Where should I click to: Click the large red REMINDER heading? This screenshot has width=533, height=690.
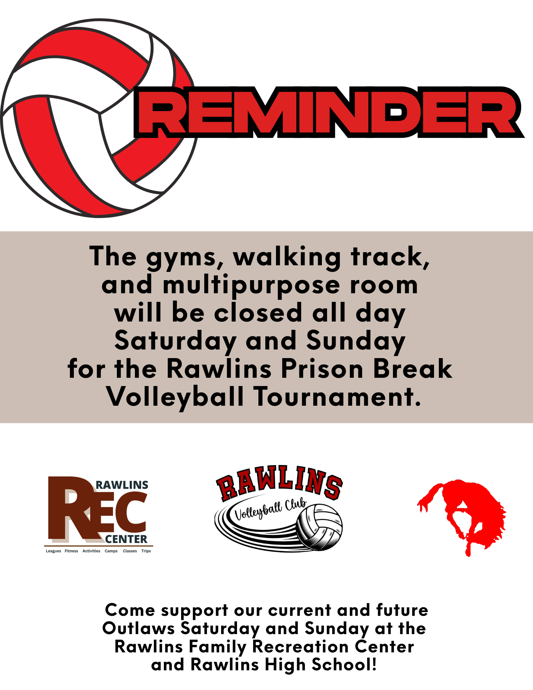coord(329,112)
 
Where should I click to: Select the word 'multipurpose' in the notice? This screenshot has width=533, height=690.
coord(251,286)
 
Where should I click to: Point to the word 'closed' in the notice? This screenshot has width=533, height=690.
coord(258,313)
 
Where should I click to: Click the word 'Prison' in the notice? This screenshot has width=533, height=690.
coord(322,369)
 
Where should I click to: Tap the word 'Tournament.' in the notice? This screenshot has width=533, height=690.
coord(338,397)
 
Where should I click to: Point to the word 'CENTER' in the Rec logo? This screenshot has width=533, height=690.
coord(126,539)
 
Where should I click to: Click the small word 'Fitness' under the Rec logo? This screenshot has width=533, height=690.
coord(71,551)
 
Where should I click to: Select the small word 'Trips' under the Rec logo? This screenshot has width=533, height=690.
coord(146,551)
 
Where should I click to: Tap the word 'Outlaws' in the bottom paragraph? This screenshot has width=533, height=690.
coord(138,628)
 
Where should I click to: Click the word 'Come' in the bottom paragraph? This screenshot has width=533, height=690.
coord(130,610)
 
